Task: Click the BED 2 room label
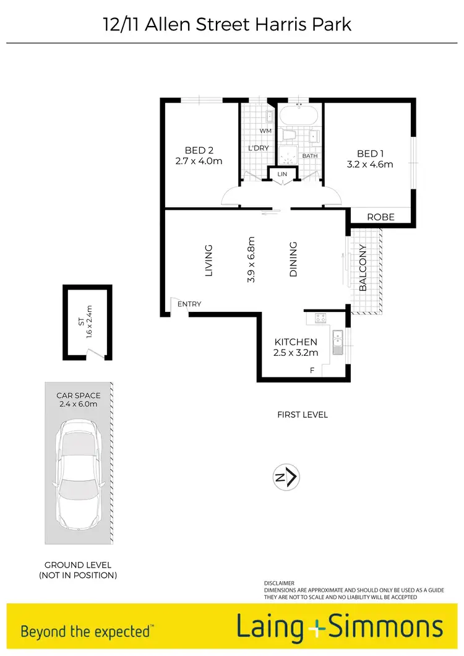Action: (199, 150)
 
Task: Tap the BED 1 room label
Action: (371, 153)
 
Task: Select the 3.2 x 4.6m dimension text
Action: (371, 165)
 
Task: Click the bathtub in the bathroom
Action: (299, 116)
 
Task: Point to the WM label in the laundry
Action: (265, 131)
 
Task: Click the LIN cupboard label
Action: (283, 175)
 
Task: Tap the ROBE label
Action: (380, 217)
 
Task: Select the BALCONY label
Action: (363, 268)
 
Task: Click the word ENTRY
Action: (189, 304)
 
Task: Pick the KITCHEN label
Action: (296, 342)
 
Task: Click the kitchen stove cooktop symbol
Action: (321, 319)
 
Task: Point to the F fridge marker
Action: (312, 370)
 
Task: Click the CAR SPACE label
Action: (78, 395)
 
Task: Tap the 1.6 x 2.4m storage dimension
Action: (89, 322)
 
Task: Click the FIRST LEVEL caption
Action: (303, 415)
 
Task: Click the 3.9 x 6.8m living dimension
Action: (251, 260)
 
